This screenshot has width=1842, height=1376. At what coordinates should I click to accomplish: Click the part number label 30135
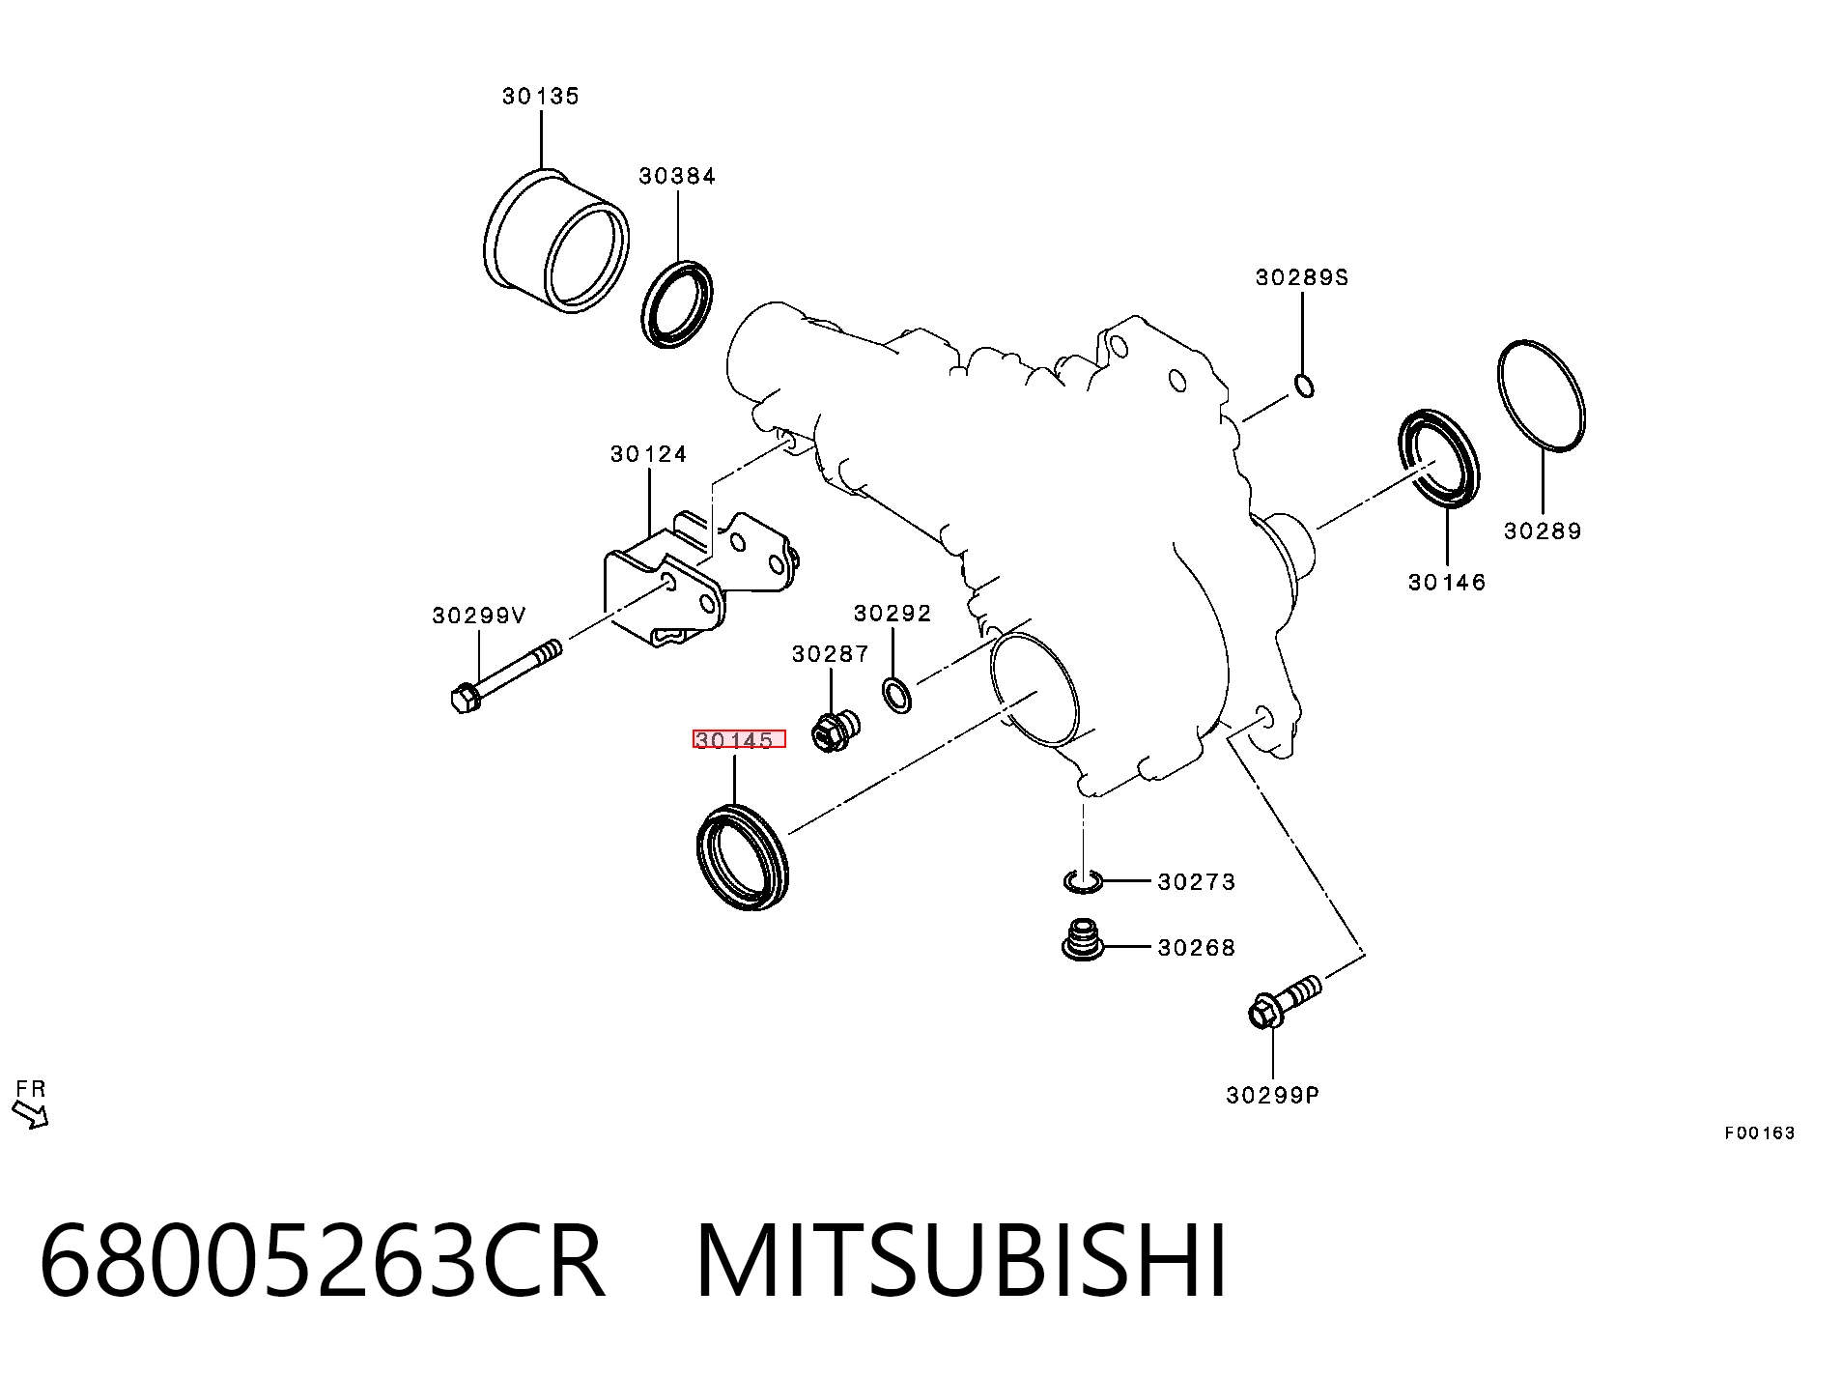point(541,96)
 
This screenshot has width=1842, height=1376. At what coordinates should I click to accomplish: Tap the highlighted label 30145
point(739,740)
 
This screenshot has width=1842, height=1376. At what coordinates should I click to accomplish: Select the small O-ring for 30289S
point(1302,387)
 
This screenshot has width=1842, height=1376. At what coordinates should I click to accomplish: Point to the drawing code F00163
point(1759,1132)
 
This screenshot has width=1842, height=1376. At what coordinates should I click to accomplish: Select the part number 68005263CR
point(323,1261)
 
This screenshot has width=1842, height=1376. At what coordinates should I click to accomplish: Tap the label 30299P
point(1272,1095)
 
